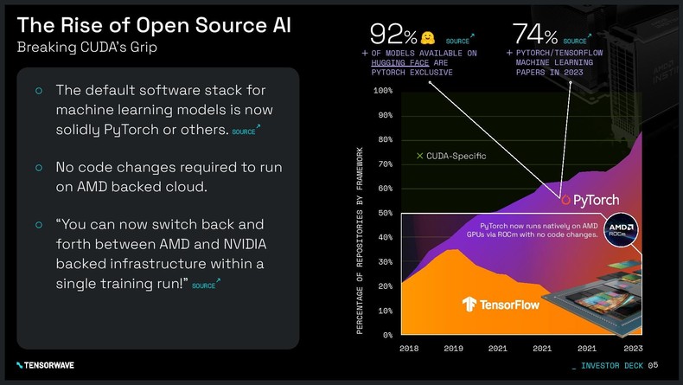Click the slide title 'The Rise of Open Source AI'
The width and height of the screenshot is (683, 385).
point(154,23)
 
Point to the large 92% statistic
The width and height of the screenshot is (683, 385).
point(393,35)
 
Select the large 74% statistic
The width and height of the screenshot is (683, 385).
point(534,35)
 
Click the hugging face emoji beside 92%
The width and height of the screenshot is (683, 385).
point(428,37)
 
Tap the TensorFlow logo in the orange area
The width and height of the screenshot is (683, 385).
point(501,304)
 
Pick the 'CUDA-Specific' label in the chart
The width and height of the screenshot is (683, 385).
point(450,156)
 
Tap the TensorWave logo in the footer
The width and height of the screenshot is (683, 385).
point(45,365)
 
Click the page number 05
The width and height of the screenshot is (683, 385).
point(653,364)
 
